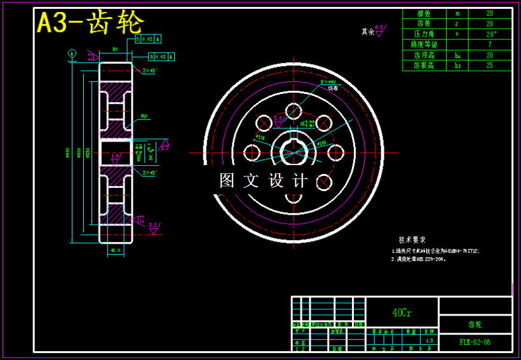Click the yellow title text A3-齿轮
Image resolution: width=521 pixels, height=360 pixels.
[x=91, y=23]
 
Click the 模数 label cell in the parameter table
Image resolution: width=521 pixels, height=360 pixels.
[x=424, y=13]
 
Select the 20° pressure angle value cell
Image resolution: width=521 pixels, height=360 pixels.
[x=490, y=34]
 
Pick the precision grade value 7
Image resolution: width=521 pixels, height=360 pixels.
[x=490, y=44]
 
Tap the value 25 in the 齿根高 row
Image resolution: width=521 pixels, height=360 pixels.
[x=490, y=65]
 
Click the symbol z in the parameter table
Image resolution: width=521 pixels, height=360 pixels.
[x=457, y=23]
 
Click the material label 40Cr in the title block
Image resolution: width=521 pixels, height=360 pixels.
[x=402, y=312]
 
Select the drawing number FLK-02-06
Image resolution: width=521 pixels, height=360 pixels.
[x=475, y=342]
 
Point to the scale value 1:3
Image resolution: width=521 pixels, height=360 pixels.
[x=430, y=340]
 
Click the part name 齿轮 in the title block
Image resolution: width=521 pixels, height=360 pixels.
[x=475, y=324]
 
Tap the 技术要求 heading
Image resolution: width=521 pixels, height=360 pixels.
[x=412, y=240]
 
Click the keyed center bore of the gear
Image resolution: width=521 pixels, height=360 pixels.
[x=293, y=152]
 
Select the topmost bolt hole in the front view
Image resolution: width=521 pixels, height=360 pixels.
[x=294, y=111]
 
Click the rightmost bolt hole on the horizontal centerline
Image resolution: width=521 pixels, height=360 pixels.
[x=335, y=153]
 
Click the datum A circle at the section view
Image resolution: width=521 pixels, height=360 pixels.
[x=72, y=53]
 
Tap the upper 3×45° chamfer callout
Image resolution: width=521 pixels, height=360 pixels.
[x=150, y=70]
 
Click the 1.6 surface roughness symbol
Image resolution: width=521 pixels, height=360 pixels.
[x=115, y=156]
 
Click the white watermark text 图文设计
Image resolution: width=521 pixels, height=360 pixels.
[x=264, y=181]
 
